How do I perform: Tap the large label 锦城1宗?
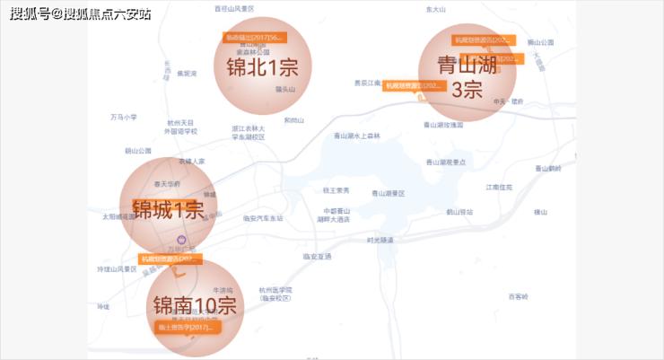pyautogui.click(x=169, y=211)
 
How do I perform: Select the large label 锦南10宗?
pyautogui.click(x=195, y=305)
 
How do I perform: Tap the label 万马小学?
pyautogui.click(x=124, y=117)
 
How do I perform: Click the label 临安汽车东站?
pyautogui.click(x=263, y=218)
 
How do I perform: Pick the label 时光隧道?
pyautogui.click(x=380, y=240)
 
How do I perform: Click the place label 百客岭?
pyautogui.click(x=519, y=296)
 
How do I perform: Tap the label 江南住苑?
pyautogui.click(x=499, y=187)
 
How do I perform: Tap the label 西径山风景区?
pyautogui.click(x=235, y=7)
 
